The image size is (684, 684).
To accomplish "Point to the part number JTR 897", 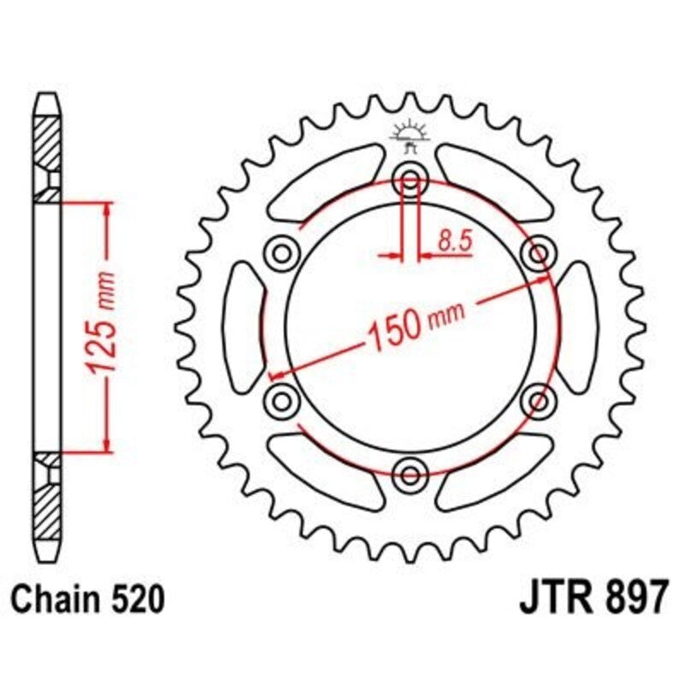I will [x=593, y=598].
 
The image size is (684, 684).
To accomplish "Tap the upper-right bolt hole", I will [x=538, y=253].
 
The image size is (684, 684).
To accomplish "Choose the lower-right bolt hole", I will [x=538, y=399].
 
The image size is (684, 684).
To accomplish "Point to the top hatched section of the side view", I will [x=49, y=141].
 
